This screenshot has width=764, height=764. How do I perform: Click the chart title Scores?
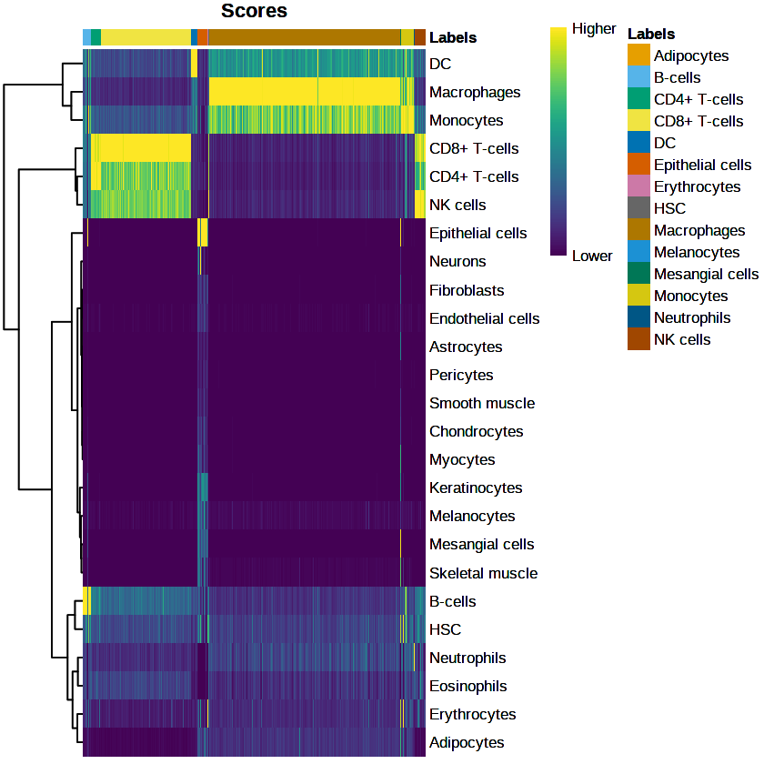click(255, 12)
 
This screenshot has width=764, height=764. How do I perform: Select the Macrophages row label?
click(475, 93)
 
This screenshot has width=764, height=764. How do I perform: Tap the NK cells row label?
click(457, 206)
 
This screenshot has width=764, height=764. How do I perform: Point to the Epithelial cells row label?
click(477, 234)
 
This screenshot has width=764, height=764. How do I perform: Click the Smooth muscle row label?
click(482, 404)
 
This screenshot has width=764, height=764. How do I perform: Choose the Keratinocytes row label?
click(476, 488)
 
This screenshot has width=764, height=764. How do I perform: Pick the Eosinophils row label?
click(467, 687)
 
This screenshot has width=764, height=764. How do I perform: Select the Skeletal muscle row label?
click(483, 574)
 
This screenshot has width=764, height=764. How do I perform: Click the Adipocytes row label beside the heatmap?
click(467, 743)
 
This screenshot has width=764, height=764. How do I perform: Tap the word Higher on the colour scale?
click(594, 29)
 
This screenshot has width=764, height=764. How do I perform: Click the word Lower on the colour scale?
click(592, 256)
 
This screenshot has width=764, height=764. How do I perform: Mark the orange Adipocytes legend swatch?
click(638, 55)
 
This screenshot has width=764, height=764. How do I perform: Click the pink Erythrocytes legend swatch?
click(638, 186)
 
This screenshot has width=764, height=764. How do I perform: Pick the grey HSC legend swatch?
click(638, 208)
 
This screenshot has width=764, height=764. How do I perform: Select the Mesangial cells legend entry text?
click(706, 274)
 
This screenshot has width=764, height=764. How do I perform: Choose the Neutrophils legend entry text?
click(692, 317)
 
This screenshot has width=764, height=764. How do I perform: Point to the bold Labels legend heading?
click(651, 35)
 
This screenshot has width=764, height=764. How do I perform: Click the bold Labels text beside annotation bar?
click(453, 38)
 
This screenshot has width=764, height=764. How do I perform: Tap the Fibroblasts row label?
click(466, 291)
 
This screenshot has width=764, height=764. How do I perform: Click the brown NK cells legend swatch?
click(638, 339)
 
